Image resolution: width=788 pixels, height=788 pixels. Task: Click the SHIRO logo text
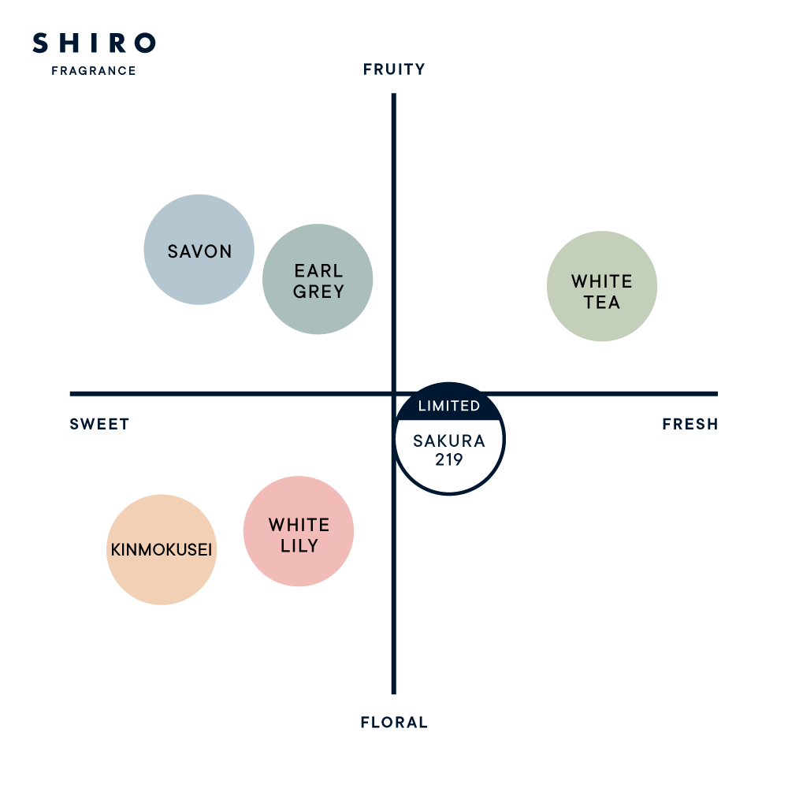point(94,44)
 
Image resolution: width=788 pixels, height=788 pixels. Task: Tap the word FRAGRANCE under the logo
point(94,71)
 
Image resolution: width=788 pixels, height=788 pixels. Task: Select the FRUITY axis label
point(394,70)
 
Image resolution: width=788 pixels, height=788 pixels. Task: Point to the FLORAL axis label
point(394,723)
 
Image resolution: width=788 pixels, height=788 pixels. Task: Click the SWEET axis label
point(99,424)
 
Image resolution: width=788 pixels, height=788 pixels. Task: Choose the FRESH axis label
point(689,424)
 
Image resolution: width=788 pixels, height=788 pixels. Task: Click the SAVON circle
point(199,249)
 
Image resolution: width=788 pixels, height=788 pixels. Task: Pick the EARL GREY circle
point(318,280)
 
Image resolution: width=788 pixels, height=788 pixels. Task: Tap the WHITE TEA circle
point(602,286)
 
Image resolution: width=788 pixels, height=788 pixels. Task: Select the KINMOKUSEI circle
point(162,550)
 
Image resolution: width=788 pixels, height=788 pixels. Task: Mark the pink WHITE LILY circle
point(299,532)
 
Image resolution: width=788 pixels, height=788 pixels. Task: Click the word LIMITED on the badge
point(449,407)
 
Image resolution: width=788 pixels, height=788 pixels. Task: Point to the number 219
point(449,459)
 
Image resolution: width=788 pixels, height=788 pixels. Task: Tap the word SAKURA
point(449,441)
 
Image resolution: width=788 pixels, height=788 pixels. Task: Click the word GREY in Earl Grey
point(318,292)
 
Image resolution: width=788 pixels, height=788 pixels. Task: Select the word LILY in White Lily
point(299,545)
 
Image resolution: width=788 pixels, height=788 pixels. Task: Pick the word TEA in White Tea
point(602,303)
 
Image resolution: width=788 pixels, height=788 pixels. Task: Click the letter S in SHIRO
point(39,44)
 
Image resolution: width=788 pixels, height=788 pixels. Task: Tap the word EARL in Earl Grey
point(318,272)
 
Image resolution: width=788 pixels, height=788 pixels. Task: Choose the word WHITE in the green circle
point(602,281)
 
